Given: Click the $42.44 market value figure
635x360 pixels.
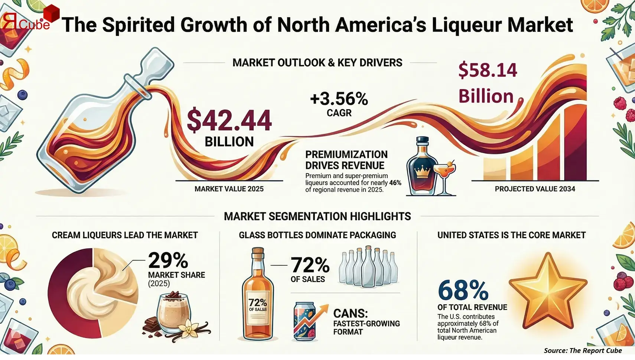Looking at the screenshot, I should click(x=229, y=120).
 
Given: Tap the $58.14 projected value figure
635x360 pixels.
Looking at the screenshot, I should click(x=487, y=71).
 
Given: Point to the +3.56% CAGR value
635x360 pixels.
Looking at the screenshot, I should click(x=339, y=99).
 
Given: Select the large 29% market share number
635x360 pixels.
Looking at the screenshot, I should click(x=168, y=260).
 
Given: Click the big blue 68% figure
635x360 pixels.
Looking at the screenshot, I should click(x=463, y=290).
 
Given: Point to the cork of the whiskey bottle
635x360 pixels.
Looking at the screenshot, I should click(x=258, y=253).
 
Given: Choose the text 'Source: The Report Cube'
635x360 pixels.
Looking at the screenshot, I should click(x=583, y=350).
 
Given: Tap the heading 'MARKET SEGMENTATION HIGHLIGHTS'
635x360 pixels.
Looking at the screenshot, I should click(x=317, y=216).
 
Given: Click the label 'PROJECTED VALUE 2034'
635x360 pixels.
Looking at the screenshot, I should click(x=535, y=189).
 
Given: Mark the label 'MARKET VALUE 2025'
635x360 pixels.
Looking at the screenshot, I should click(x=229, y=189).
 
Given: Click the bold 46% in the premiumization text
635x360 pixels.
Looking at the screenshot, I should click(x=395, y=183).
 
